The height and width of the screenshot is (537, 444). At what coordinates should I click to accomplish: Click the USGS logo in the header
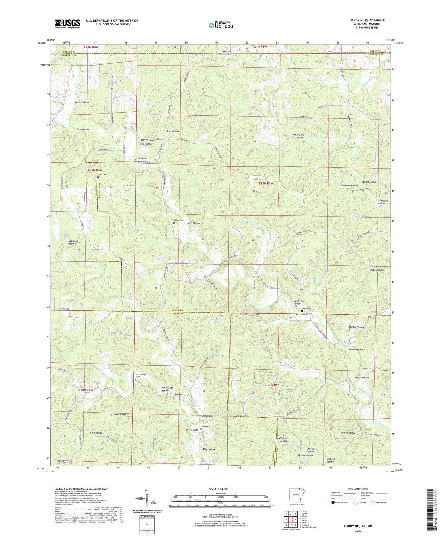[x=68, y=23]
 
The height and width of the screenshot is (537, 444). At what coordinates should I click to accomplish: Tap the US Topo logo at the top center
[x=220, y=25]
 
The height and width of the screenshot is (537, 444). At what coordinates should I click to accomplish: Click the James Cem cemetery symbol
[x=136, y=159]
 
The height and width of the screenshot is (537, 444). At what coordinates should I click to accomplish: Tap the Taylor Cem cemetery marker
[x=174, y=223]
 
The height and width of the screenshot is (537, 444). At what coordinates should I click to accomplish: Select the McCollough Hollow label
[x=167, y=389]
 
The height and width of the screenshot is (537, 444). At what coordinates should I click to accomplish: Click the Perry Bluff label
[x=192, y=430]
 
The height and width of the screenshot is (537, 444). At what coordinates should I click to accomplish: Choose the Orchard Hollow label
[x=330, y=460]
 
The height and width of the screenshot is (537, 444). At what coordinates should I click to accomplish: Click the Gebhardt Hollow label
[x=72, y=242]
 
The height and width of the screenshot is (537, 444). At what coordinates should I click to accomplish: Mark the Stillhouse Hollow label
[x=383, y=202]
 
